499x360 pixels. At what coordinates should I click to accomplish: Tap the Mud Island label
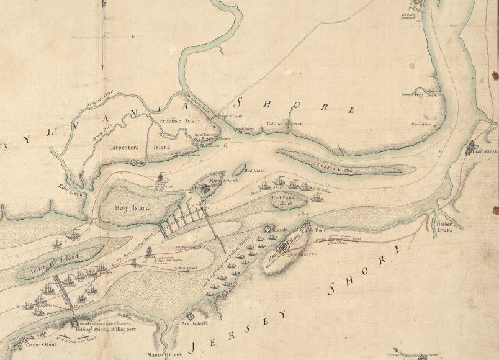255,170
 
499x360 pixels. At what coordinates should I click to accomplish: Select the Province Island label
181,120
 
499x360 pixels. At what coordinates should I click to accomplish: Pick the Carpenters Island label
132,148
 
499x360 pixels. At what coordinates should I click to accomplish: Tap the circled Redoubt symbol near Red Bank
268,228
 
